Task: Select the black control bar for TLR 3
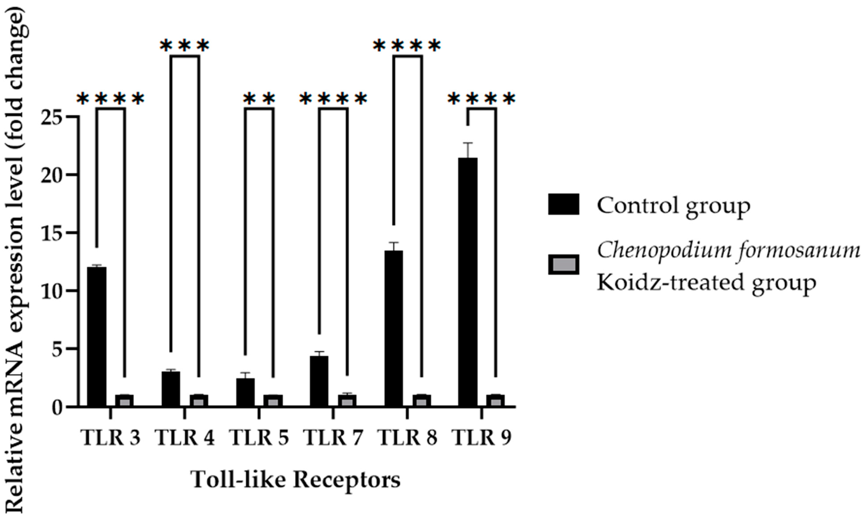97,336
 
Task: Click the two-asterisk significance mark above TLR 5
259,99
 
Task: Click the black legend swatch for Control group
564,204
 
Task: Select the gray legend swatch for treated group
564,265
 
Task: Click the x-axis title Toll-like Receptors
296,479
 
